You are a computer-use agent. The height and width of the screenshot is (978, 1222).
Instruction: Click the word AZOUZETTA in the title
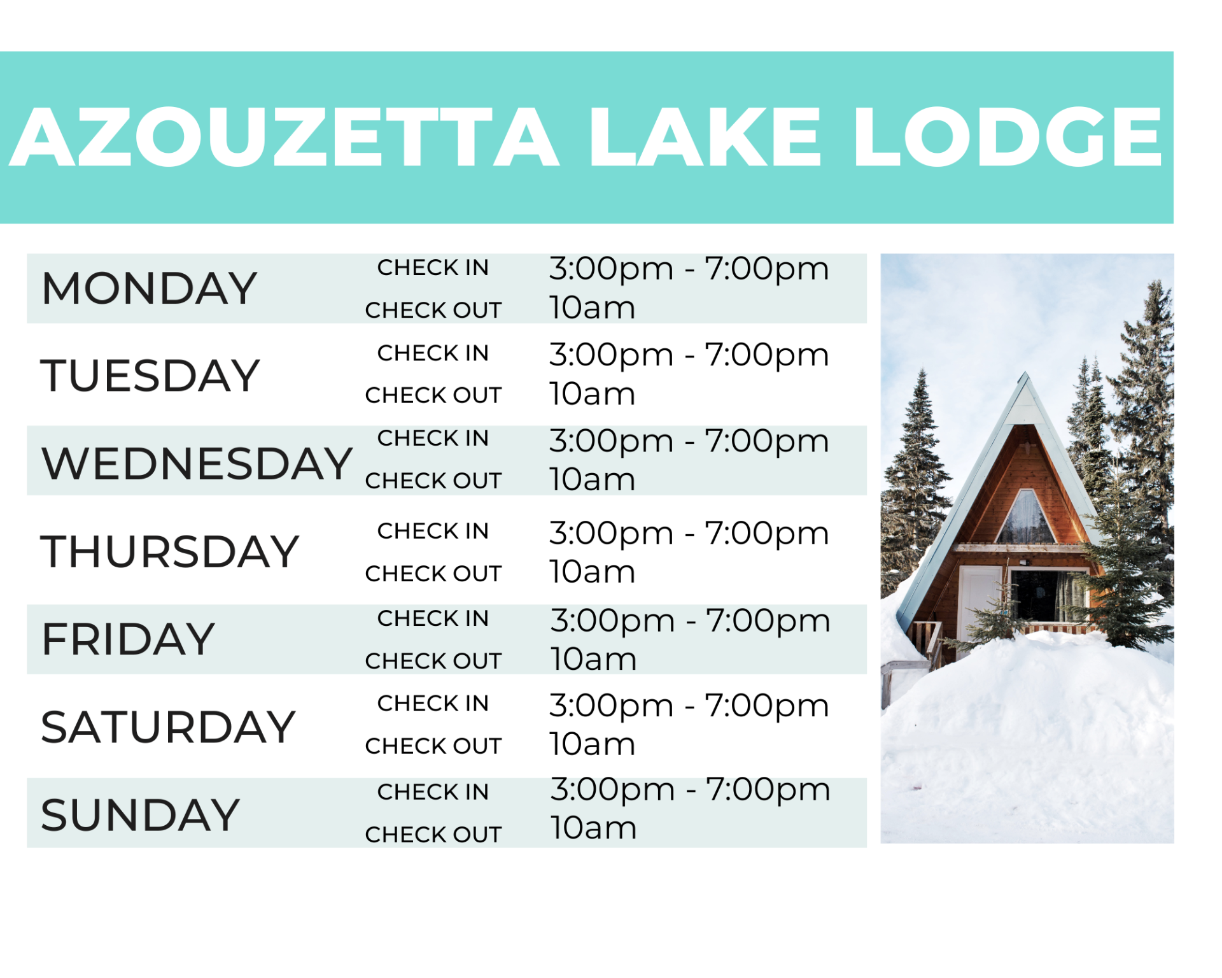pos(285,137)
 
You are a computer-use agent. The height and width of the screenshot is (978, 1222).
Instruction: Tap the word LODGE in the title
pos(1008,137)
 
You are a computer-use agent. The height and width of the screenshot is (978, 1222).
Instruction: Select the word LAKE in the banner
pos(705,137)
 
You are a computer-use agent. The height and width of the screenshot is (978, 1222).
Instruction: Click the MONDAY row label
pos(149,288)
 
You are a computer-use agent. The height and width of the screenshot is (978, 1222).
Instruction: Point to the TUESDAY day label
pos(150,375)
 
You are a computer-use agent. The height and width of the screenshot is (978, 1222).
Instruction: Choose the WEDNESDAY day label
pos(197,463)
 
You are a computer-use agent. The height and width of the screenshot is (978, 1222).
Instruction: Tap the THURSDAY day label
pos(169,551)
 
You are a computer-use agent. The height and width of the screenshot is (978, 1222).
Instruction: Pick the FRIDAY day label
pos(128,639)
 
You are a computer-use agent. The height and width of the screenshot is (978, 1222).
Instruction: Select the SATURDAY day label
pos(168,726)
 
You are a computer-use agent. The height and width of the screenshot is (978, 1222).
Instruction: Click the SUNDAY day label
pos(140,814)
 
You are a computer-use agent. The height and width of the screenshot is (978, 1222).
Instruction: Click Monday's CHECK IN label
pos(433,267)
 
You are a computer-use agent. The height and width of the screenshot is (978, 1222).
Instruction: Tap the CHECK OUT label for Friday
pos(433,661)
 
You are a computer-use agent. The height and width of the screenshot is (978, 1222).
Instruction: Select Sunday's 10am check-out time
pos(593,828)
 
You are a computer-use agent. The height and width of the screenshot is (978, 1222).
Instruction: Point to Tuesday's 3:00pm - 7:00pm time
pos(689,355)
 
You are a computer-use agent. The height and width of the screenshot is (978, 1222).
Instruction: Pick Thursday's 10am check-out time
pos(593,572)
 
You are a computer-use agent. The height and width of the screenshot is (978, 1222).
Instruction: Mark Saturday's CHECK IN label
pos(433,703)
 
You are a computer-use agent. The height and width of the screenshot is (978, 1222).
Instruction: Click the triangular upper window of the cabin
pos(1025,519)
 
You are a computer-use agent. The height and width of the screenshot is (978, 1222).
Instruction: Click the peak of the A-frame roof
pos(1025,372)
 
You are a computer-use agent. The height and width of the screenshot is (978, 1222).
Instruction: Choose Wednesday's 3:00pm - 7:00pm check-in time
pos(689,441)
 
